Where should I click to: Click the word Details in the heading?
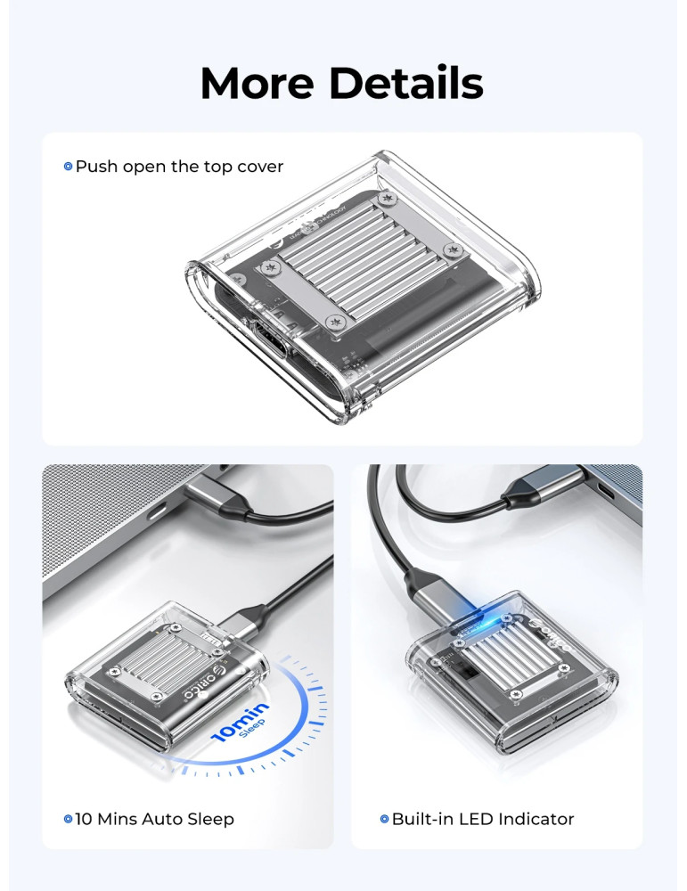pos(406,83)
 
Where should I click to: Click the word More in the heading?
pos(258,83)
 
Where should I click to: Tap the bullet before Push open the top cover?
pos(69,167)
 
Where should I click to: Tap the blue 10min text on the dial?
pos(240,722)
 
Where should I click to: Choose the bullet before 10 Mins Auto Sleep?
pos(69,819)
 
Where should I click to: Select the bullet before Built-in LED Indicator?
pos(385,819)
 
